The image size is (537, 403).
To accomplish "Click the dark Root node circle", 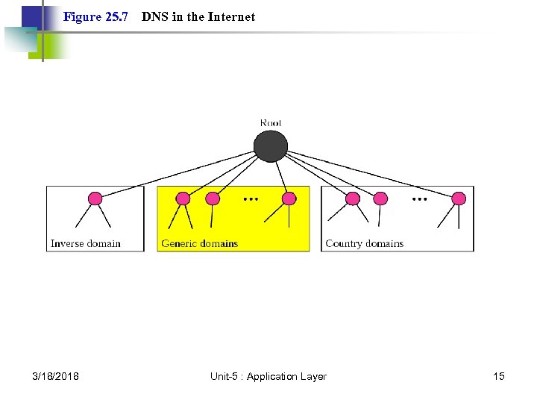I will pos(270,146).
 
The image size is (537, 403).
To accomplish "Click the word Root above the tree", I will pos(271,122).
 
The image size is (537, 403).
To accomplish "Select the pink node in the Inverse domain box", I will pos(95,199).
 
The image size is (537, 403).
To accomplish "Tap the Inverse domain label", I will pos(85,243).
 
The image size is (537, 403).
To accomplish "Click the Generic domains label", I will pos(199,243).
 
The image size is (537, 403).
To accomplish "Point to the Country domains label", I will pos(364,243).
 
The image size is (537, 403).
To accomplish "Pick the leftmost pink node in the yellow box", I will pos(183,199).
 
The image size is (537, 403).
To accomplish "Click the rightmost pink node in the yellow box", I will pos(289,199).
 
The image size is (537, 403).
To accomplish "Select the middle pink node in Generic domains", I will pos(213,199).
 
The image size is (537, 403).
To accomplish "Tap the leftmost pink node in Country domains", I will pos(353,199).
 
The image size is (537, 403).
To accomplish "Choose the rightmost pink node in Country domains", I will pos(459,199).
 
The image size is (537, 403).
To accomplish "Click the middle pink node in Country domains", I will pos(380,199).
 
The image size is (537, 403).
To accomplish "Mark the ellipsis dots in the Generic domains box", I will pos(251,200).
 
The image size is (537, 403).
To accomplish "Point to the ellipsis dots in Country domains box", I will pos(420,200).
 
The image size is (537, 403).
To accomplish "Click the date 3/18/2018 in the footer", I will pos(56,376).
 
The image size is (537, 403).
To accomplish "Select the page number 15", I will pos(498,376).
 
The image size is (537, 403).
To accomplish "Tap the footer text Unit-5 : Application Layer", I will pos(268,376).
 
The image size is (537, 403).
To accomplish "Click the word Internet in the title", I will pos(231,16).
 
